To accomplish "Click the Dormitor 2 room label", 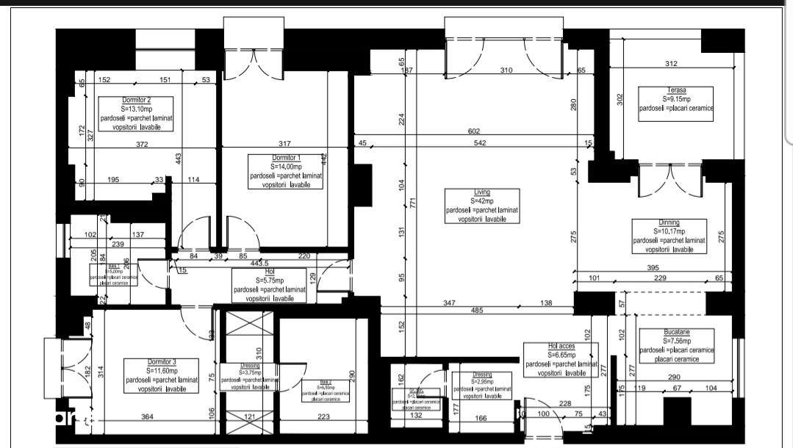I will [136, 100].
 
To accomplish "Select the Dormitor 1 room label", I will [286, 158].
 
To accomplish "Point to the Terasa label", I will [676, 90].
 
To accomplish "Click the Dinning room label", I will [668, 223].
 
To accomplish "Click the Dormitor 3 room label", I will [161, 362].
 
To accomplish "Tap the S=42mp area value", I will [482, 201].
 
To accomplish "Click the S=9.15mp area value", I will [676, 99].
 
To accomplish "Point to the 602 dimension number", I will [475, 131].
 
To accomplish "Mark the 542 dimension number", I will [479, 142].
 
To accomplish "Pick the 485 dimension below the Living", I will [476, 311].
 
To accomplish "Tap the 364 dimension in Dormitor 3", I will [148, 418].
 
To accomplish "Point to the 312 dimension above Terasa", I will [670, 64].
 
